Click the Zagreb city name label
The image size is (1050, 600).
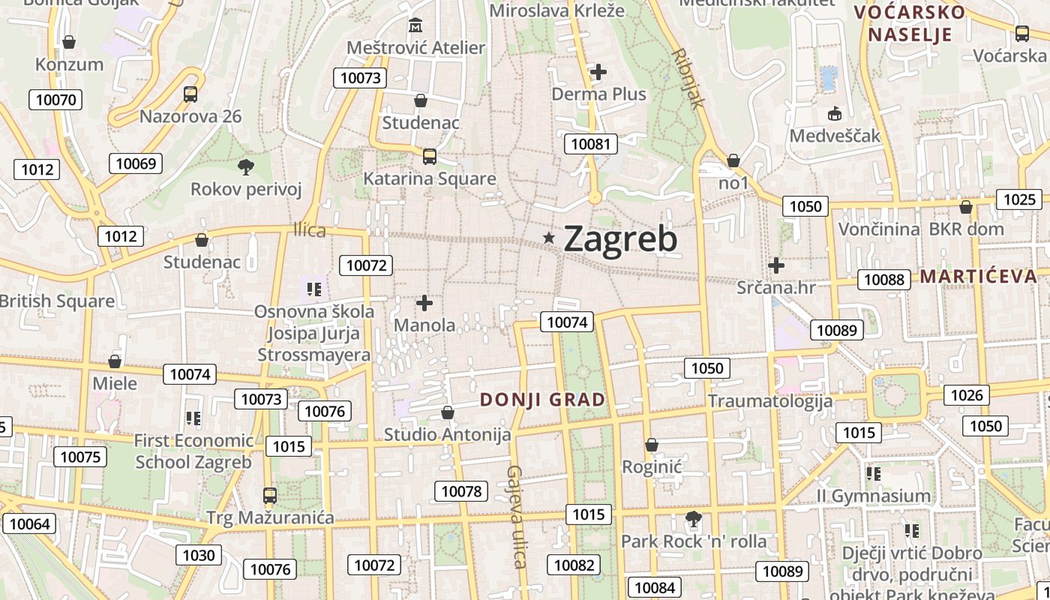tap(620, 238)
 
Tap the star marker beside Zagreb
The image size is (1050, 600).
tap(549, 238)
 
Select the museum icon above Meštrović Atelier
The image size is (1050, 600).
tap(415, 26)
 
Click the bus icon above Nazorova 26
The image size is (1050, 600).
tap(190, 94)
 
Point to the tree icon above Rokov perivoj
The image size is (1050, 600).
tap(245, 166)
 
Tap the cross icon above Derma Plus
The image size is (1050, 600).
tap(598, 72)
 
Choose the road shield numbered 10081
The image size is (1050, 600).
tap(591, 144)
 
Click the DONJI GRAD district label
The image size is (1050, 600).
tap(542, 400)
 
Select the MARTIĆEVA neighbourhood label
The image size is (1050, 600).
tap(979, 276)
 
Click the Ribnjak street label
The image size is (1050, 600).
tap(688, 79)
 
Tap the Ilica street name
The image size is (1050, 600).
tap(310, 230)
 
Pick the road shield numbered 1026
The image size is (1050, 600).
tap(967, 395)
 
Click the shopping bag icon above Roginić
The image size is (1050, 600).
tap(652, 445)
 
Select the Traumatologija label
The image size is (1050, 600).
tap(770, 400)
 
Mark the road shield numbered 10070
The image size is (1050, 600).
tap(55, 100)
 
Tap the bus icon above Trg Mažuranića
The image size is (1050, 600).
tap(270, 496)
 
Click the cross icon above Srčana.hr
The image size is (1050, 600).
tap(776, 265)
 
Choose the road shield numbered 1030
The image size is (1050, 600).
tap(199, 555)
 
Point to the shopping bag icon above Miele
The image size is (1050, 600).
tap(115, 361)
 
